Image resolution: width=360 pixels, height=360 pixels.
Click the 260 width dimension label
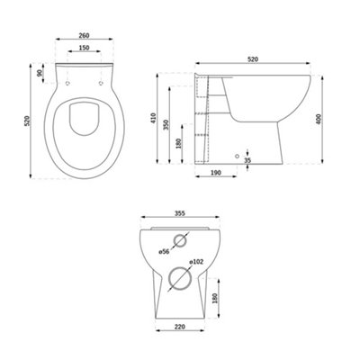pos(84,35)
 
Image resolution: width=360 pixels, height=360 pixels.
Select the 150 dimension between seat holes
pos(85,48)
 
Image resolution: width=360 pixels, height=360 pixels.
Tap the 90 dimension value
pos(40,73)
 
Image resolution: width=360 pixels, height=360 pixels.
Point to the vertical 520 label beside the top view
pos(27,121)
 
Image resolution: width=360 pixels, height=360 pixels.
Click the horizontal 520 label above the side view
pos(253,59)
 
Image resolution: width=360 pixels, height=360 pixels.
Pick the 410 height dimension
pos(154,118)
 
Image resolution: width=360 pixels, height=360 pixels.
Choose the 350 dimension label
pos(166,124)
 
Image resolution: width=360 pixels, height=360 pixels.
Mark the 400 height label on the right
pos(319,120)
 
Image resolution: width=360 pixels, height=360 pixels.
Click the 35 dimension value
pos(247,160)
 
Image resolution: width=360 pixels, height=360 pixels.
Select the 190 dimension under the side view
pos(216,173)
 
